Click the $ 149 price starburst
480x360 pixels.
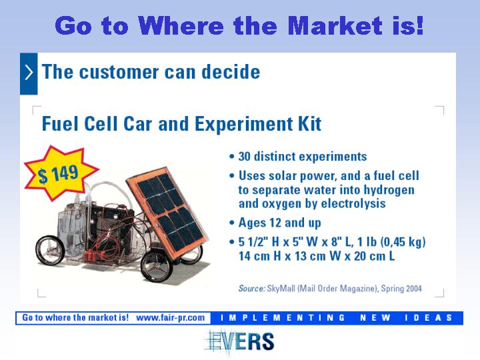61,173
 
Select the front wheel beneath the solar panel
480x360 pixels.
157,266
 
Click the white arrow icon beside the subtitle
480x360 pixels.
29,73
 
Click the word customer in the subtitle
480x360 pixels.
119,72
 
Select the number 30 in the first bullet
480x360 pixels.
245,157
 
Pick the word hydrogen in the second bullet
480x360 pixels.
389,190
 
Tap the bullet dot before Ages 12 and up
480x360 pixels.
232,223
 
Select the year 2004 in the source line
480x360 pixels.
414,289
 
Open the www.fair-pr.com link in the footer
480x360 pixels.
171,318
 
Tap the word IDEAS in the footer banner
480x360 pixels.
429,318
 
